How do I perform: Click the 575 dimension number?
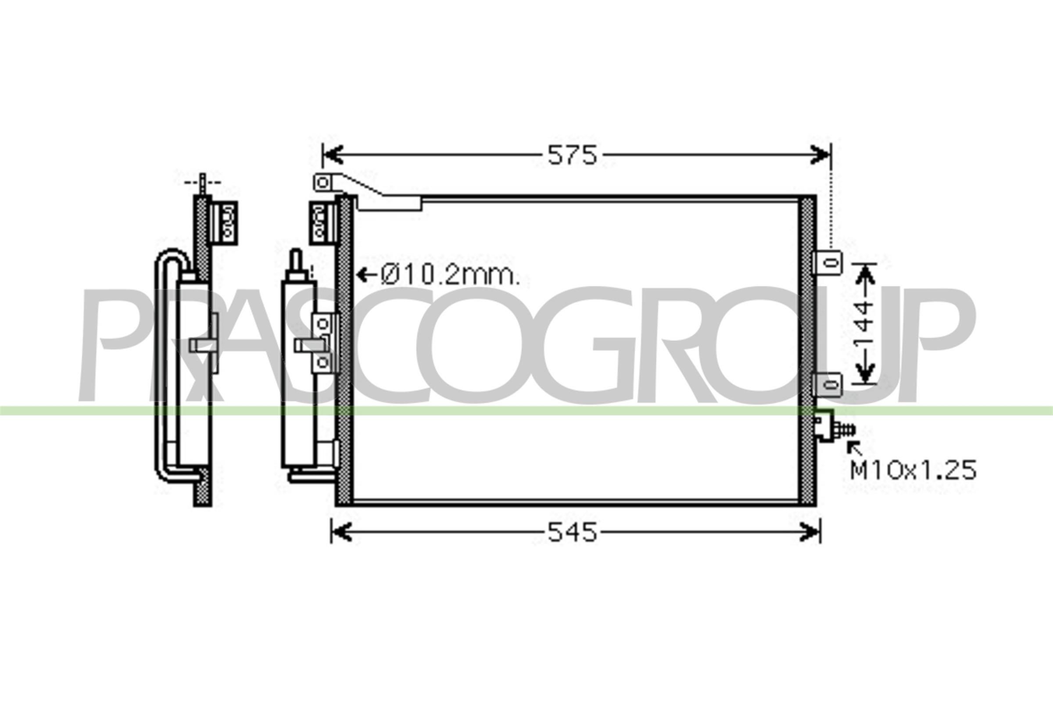pyautogui.click(x=572, y=155)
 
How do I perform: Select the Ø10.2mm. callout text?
pyautogui.click(x=450, y=276)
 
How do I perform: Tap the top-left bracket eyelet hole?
pyautogui.click(x=323, y=183)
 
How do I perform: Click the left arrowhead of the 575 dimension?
pyautogui.click(x=333, y=155)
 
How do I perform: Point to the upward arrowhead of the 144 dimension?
pyautogui.click(x=865, y=273)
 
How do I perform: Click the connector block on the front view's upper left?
pyautogui.click(x=322, y=223)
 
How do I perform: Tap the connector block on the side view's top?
pyautogui.click(x=224, y=223)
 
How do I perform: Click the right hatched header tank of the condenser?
pyautogui.click(x=807, y=349)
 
